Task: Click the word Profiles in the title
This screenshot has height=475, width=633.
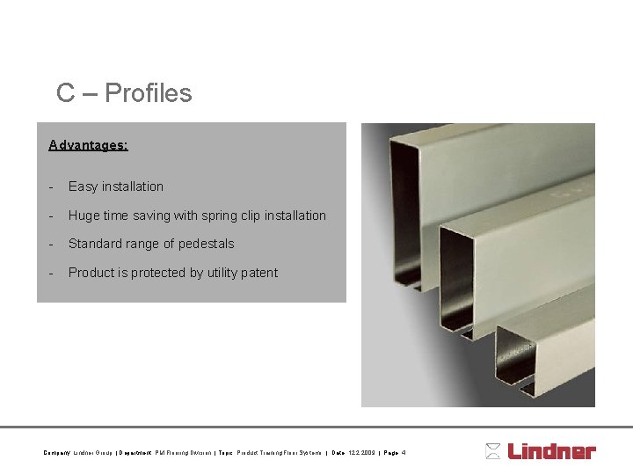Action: [x=148, y=93]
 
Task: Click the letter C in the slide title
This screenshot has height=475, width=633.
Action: [x=65, y=93]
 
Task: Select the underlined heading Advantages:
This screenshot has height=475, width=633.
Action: [x=88, y=144]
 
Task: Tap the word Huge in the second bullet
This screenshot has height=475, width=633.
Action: [x=84, y=216]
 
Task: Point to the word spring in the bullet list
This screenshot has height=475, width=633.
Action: [x=220, y=216]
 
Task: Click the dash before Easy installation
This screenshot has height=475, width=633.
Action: [x=53, y=186]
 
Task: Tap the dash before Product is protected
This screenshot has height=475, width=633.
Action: [x=53, y=273]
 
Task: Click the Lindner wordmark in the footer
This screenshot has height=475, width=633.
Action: [x=551, y=451]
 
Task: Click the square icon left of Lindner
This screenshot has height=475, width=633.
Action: [x=493, y=451]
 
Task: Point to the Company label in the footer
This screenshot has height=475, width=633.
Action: [x=56, y=453]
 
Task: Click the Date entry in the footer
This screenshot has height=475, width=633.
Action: [x=352, y=453]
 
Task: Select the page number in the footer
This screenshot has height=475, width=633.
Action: [x=395, y=453]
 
